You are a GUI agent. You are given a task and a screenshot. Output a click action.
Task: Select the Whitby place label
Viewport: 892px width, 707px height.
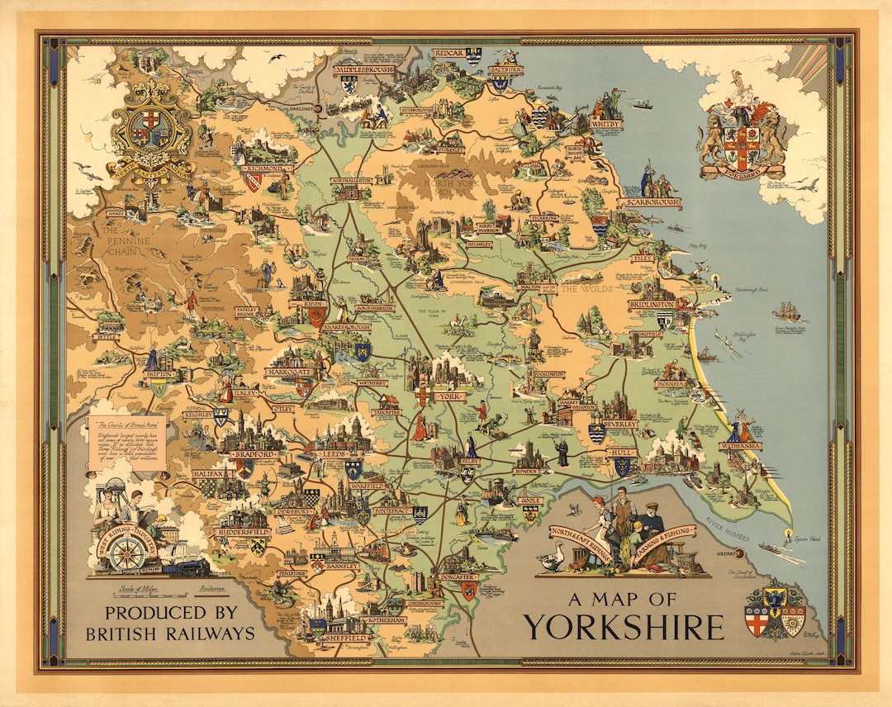tap(605, 125)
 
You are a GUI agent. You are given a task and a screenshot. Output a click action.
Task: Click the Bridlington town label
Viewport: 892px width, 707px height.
tap(652, 304)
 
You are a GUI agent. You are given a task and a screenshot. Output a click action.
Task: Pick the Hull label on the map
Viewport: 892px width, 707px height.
tap(619, 453)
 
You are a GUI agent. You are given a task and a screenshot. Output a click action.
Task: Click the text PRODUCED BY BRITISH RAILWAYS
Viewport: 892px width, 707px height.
tap(170, 623)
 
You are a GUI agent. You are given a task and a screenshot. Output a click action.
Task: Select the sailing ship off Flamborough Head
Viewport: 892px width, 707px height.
tap(785, 311)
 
